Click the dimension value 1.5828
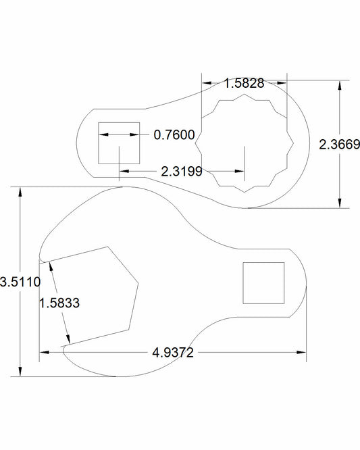[x=244, y=83]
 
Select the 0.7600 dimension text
[x=174, y=135]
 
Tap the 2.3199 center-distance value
[x=182, y=172]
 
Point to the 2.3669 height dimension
[x=339, y=145]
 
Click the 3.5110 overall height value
[x=20, y=282]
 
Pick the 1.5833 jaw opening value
[x=59, y=303]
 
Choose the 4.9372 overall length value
[x=173, y=353]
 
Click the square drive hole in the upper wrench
[x=119, y=143]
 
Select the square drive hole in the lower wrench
[x=263, y=283]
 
